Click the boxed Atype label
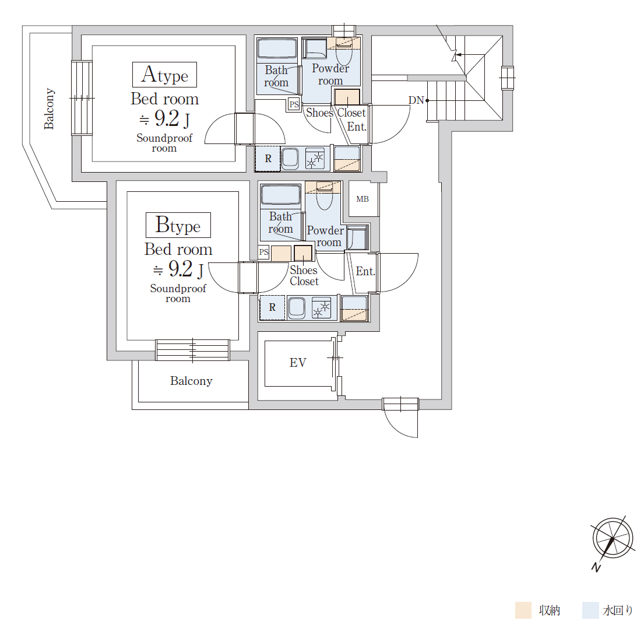[164, 75]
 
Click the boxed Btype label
[178, 225]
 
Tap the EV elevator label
[298, 363]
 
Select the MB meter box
[363, 199]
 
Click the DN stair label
[416, 100]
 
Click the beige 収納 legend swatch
[523, 611]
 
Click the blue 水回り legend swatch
[590, 611]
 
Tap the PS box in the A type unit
[294, 104]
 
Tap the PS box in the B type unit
[263, 251]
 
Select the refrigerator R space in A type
[268, 159]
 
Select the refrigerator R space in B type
[272, 307]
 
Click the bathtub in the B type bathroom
[281, 195]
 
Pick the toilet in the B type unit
[325, 196]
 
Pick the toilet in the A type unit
[344, 51]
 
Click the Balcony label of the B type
[191, 381]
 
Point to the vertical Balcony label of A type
[49, 109]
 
